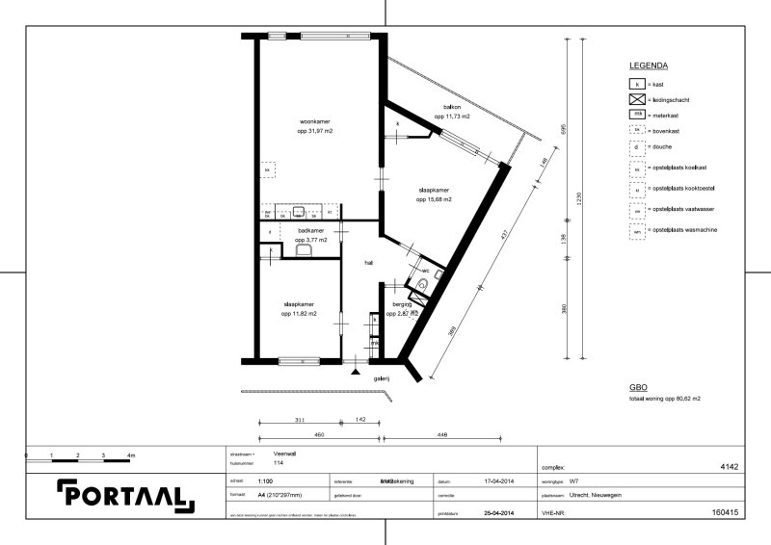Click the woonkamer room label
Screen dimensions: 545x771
(x=315, y=122)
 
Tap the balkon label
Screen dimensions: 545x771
(x=451, y=108)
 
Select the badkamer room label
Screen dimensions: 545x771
(x=311, y=231)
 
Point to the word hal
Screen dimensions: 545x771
(x=368, y=262)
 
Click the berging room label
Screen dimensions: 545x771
(x=402, y=304)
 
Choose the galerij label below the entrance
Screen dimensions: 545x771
(x=382, y=378)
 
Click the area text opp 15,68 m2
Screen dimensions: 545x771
(x=435, y=200)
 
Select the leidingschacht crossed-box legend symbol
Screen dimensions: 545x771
(x=636, y=99)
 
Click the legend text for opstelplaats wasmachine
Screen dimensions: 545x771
(x=685, y=232)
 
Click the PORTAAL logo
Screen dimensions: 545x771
(x=125, y=494)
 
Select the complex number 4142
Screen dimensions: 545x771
(x=729, y=466)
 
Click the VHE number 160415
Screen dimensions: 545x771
(x=725, y=513)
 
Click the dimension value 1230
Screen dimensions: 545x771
(x=579, y=197)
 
